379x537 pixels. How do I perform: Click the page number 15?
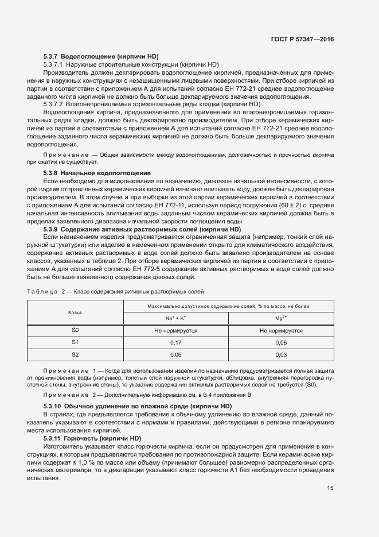pyautogui.click(x=330, y=488)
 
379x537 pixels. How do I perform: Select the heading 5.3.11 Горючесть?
pyautogui.click(x=92, y=438)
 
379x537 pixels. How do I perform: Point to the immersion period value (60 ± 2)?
pyautogui.click(x=287, y=205)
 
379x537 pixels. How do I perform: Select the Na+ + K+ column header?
pyautogui.click(x=175, y=318)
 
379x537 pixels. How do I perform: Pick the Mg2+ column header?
pyautogui.click(x=281, y=318)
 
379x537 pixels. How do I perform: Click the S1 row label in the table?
pyautogui.click(x=75, y=343)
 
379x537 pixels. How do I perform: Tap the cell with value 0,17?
pyautogui.click(x=175, y=343)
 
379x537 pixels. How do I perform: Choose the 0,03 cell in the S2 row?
pyautogui.click(x=281, y=355)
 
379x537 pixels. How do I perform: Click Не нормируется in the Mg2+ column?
pyautogui.click(x=281, y=331)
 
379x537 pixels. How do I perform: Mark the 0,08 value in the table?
pyautogui.click(x=281, y=343)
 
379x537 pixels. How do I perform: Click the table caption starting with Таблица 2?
pyautogui.click(x=115, y=291)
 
